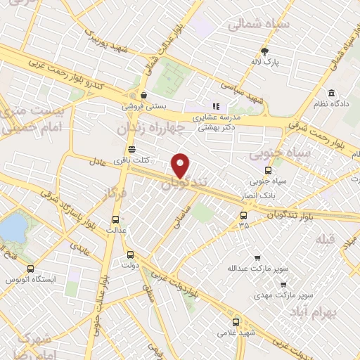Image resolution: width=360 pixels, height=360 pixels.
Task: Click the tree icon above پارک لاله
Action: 264,51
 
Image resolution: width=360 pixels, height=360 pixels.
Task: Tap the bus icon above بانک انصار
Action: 268,169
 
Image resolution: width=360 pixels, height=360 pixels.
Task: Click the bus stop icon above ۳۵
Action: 243,215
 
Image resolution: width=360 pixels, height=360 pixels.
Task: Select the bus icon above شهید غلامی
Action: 236,320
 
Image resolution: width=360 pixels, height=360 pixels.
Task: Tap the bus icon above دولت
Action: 129,255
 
